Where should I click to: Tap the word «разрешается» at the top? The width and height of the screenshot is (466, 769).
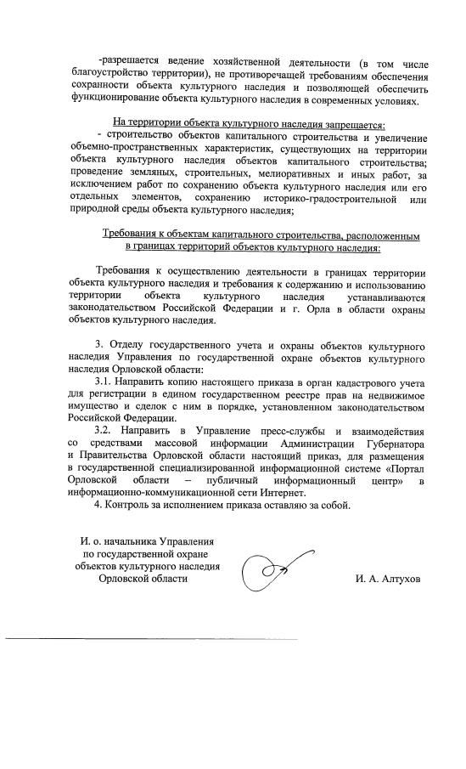135,62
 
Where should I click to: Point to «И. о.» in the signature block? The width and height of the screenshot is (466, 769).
92,541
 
